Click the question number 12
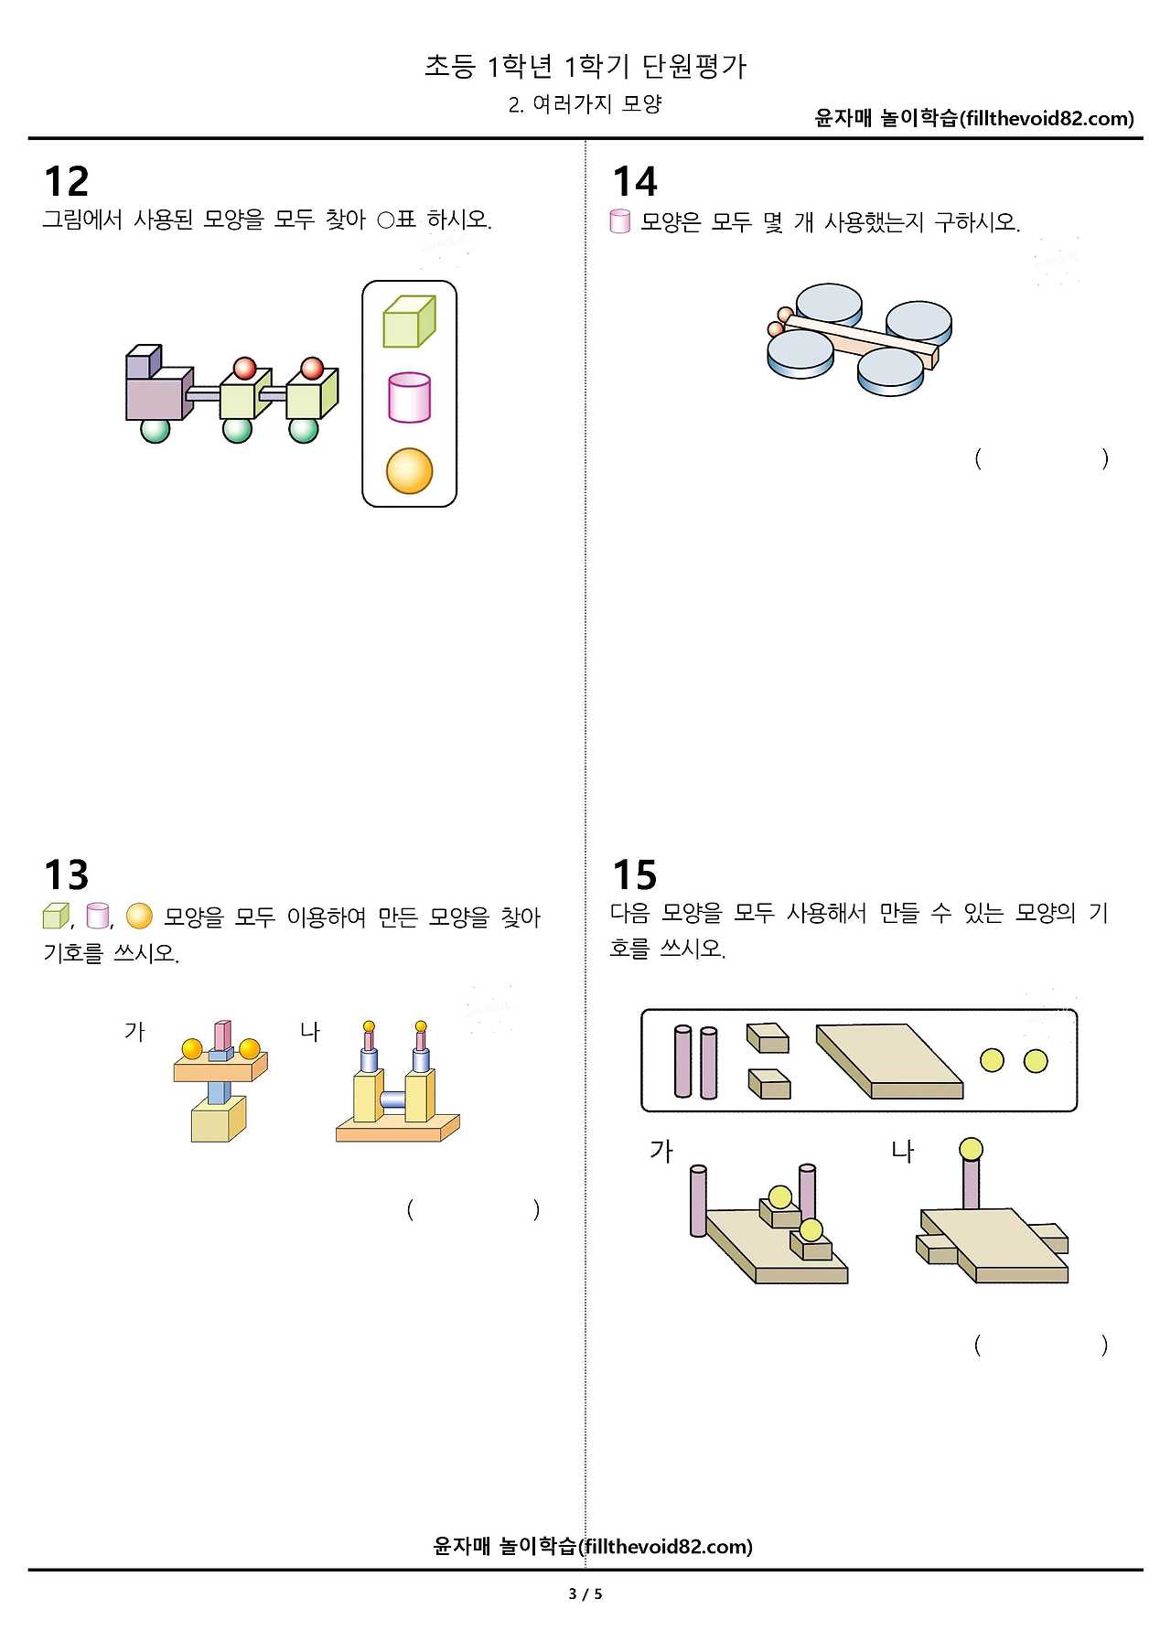click(67, 181)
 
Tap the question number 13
click(67, 874)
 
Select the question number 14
click(635, 181)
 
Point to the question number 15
click(635, 874)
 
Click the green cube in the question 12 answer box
click(409, 321)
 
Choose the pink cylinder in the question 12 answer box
click(409, 397)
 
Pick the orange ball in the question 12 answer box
click(409, 471)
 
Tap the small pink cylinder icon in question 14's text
click(620, 221)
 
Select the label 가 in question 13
click(134, 1032)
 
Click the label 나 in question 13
click(310, 1032)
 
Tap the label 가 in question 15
click(661, 1151)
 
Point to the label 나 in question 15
click(902, 1151)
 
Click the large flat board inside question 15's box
click(889, 1061)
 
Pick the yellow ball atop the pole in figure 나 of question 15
click(971, 1149)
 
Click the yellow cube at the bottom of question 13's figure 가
click(219, 1119)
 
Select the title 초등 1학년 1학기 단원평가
click(585, 66)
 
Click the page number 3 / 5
click(585, 1594)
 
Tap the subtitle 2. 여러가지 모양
click(585, 104)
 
